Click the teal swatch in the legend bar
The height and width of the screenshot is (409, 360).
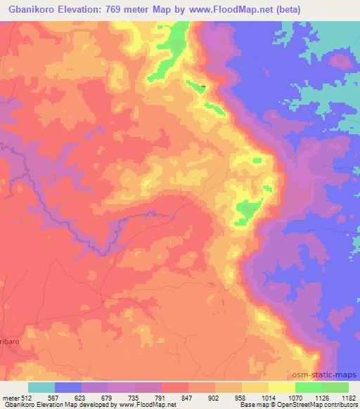(x=41, y=387)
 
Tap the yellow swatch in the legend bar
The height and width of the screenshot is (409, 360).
(x=281, y=387)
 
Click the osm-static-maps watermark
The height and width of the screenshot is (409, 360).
(x=328, y=375)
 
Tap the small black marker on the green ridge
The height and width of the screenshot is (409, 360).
(x=203, y=87)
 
